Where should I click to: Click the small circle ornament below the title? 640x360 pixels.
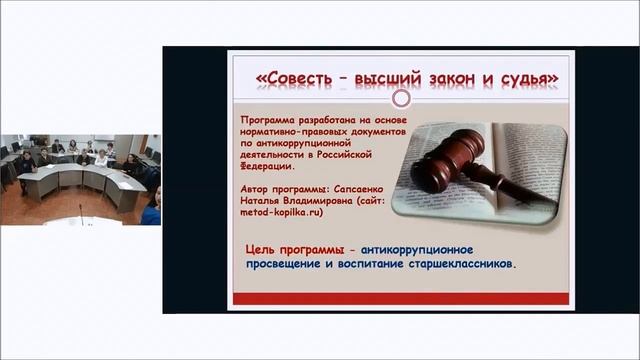coord(401,98)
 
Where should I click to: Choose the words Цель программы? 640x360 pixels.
coord(299,248)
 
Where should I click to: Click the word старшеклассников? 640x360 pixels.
coord(459,265)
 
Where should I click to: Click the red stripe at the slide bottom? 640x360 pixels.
coord(400,298)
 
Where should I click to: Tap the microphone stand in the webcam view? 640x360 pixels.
coord(80,213)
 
